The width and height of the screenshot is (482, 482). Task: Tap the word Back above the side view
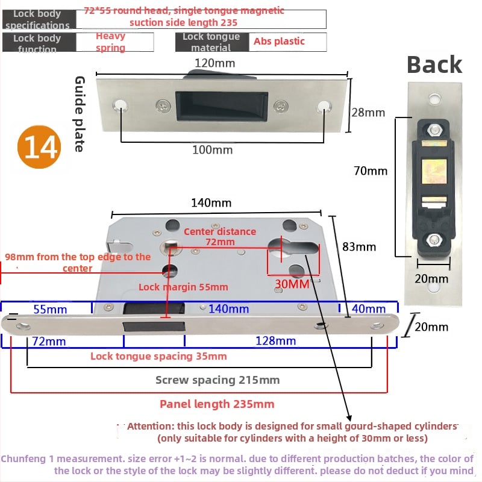pos(434,64)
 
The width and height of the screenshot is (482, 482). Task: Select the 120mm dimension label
pos(214,63)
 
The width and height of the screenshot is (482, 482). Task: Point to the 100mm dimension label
pos(212,149)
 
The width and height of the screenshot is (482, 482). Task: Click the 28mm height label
pos(368,112)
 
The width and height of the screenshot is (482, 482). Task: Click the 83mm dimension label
pos(359,246)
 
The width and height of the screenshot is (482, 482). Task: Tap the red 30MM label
pos(292,283)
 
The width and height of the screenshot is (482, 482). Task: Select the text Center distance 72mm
pos(219,237)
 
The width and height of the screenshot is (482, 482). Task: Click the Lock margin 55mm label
pos(183,287)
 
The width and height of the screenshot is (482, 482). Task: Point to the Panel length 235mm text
pos(217,404)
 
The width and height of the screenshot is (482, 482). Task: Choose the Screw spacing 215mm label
pos(218,380)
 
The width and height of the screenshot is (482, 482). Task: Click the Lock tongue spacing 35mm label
pos(158,356)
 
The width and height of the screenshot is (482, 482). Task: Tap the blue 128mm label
pos(275,341)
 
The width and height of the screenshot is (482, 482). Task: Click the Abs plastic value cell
pos(280,42)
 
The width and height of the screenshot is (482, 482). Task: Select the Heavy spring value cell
pos(110,42)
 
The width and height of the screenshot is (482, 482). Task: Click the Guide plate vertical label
pos(79,114)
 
